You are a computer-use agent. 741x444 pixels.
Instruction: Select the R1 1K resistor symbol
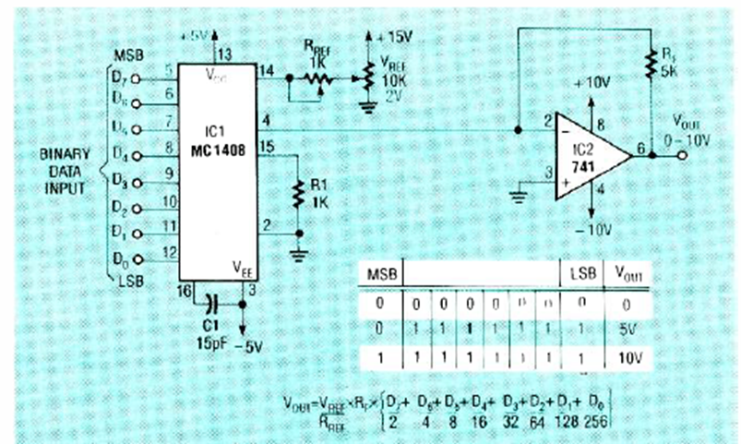click(299, 194)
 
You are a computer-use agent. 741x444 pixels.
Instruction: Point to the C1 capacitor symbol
click(213, 302)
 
